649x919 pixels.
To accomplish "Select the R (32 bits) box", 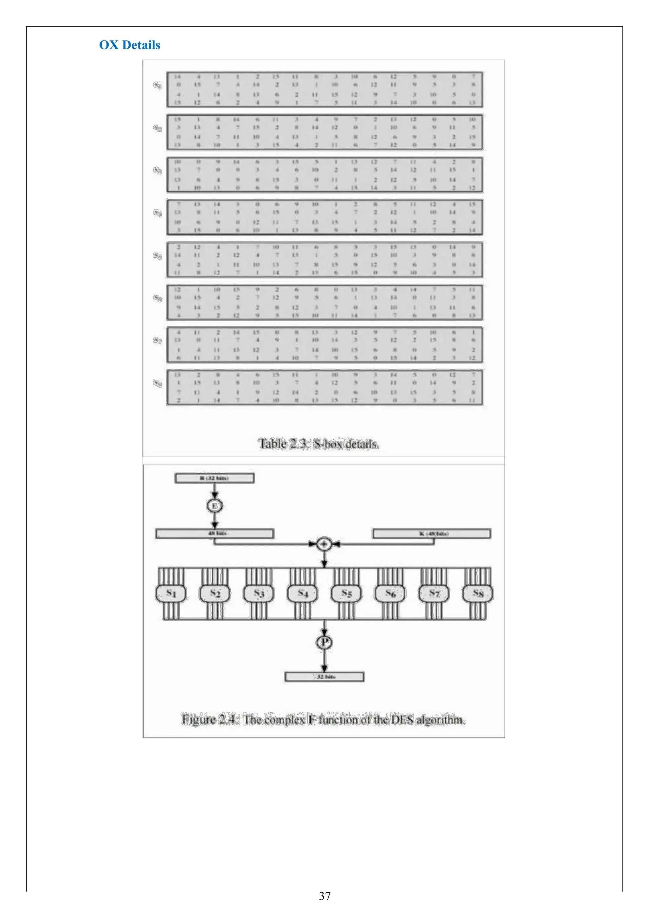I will tap(214, 478).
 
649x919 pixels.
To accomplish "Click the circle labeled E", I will tap(215, 506).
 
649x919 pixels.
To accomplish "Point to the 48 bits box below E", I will tap(215, 534).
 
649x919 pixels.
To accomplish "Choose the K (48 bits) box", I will tap(431, 534).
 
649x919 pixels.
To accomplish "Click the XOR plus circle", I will tap(324, 544).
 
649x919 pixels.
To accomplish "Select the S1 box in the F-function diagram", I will tap(171, 593).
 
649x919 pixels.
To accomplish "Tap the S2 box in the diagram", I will tap(215, 593).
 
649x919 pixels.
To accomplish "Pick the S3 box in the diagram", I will tap(259, 593).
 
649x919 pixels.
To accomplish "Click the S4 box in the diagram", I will tap(303, 593).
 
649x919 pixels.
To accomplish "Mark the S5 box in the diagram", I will tap(346, 593).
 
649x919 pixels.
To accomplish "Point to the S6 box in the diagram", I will tap(390, 593).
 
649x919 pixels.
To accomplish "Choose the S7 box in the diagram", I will tap(434, 593).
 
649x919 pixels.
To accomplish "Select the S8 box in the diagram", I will tap(478, 593).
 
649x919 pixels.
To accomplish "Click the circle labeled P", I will tap(324, 643).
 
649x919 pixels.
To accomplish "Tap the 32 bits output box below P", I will tap(324, 677).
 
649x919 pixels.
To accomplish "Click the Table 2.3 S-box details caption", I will tap(319, 444).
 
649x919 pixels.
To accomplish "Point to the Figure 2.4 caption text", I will tap(324, 719).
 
